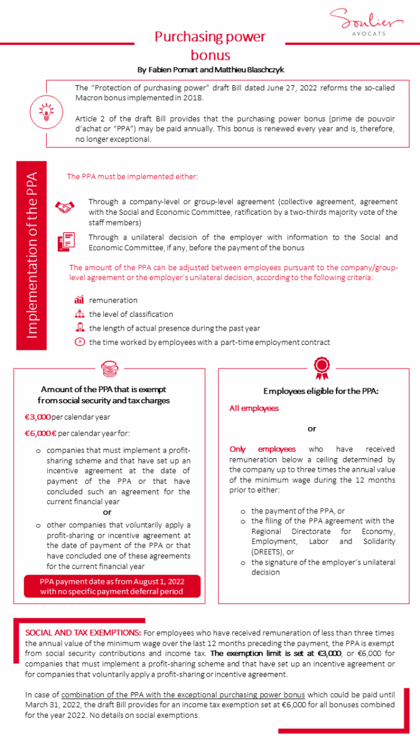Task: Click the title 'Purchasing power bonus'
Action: pyautogui.click(x=210, y=46)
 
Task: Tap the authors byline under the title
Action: pyautogui.click(x=210, y=70)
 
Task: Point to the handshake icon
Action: pyautogui.click(x=65, y=207)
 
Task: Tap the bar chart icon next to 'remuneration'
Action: pyautogui.click(x=79, y=301)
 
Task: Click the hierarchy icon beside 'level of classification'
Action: pyautogui.click(x=79, y=314)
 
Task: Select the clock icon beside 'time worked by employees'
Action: pyautogui.click(x=79, y=342)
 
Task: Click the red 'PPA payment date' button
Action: pyautogui.click(x=112, y=586)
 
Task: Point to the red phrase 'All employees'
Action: pyautogui.click(x=254, y=408)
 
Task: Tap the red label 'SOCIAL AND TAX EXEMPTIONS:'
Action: pyautogui.click(x=83, y=632)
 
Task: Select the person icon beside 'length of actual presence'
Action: pyautogui.click(x=79, y=328)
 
